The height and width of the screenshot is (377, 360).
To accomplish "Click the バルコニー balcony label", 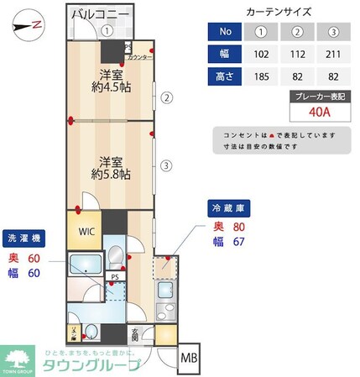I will [x=100, y=14].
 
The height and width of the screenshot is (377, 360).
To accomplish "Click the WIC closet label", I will [x=88, y=232].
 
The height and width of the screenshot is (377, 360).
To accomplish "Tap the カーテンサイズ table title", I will [x=279, y=13].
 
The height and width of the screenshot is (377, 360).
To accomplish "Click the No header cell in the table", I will [x=224, y=34].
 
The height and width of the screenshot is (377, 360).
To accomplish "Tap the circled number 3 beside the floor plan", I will [x=167, y=165].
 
